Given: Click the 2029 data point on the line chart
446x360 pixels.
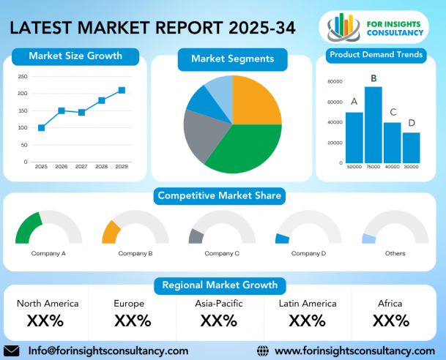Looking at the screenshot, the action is click(x=122, y=90).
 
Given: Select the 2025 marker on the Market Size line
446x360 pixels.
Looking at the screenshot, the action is click(x=41, y=128).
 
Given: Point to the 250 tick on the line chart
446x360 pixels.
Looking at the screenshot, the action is click(x=23, y=76).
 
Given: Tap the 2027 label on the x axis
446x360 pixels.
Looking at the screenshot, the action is click(x=81, y=167).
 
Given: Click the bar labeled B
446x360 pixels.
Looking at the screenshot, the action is click(x=373, y=124).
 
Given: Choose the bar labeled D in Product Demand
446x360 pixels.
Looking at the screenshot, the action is click(x=412, y=148).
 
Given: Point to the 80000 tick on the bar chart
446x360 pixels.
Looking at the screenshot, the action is click(x=335, y=81).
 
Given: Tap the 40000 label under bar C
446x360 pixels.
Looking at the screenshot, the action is click(x=393, y=167).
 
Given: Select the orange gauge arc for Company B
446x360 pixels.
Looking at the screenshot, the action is click(x=111, y=233).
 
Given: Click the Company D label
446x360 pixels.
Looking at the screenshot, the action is click(x=308, y=253).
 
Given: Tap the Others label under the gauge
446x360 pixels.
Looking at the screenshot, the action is click(x=395, y=253).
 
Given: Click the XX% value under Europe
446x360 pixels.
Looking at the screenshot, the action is click(x=133, y=320).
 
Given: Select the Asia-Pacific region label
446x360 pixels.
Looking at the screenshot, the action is click(x=219, y=304).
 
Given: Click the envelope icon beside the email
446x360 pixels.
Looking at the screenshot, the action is click(x=12, y=351).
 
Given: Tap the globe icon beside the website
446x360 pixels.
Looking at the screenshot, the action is click(x=262, y=351).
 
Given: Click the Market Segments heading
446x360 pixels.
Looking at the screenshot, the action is click(x=233, y=59).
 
